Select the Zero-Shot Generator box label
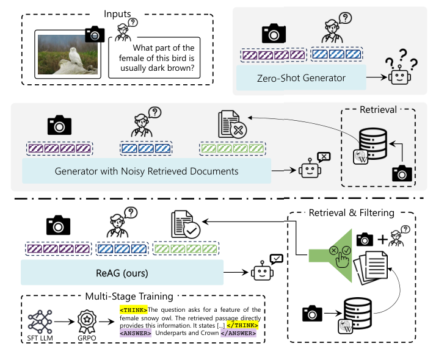point(301,77)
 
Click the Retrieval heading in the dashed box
point(378,110)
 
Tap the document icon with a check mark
point(184,224)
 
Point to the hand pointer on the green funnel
point(343,259)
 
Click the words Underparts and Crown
point(182,333)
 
